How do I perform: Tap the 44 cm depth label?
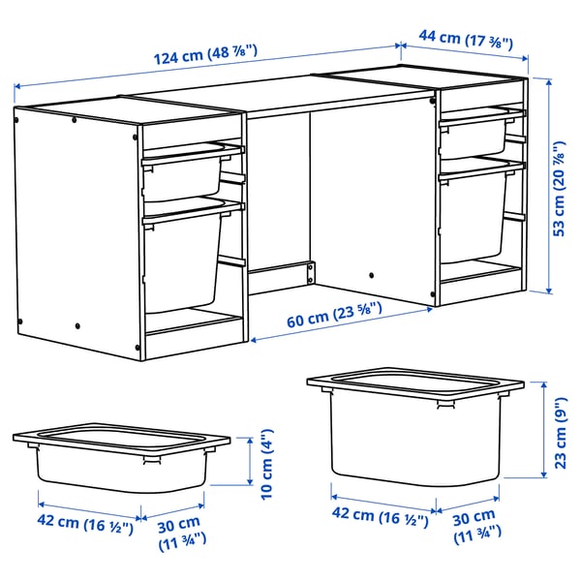click(465, 41)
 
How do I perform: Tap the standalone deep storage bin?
click(416, 425)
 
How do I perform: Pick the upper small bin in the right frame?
click(474, 135)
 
